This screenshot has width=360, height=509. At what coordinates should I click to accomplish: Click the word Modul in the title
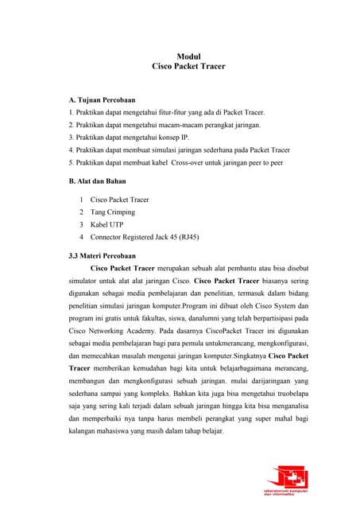(188, 56)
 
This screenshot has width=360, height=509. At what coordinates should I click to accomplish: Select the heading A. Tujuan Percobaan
(103, 100)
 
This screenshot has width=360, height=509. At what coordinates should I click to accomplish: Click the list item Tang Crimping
(112, 212)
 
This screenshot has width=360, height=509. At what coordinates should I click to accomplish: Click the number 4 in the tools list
(82, 237)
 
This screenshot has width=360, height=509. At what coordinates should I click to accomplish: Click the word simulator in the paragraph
(86, 282)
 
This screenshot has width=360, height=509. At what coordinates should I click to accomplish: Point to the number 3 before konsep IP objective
(72, 138)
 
